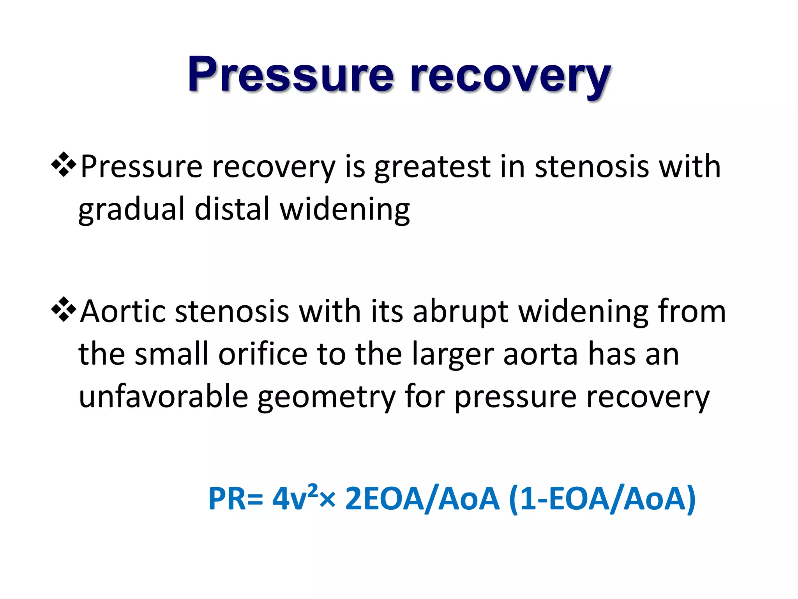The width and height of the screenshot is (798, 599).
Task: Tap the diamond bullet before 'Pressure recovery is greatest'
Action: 64,165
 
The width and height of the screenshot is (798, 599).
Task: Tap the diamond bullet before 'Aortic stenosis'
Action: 64,310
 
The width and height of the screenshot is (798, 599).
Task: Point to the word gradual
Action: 131,210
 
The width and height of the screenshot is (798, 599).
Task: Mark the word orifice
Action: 263,354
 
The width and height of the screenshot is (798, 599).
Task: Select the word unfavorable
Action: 163,397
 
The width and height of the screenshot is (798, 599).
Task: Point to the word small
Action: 171,354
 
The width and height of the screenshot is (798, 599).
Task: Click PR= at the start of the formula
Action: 235,498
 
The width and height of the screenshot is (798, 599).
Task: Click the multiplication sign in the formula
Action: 327,500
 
